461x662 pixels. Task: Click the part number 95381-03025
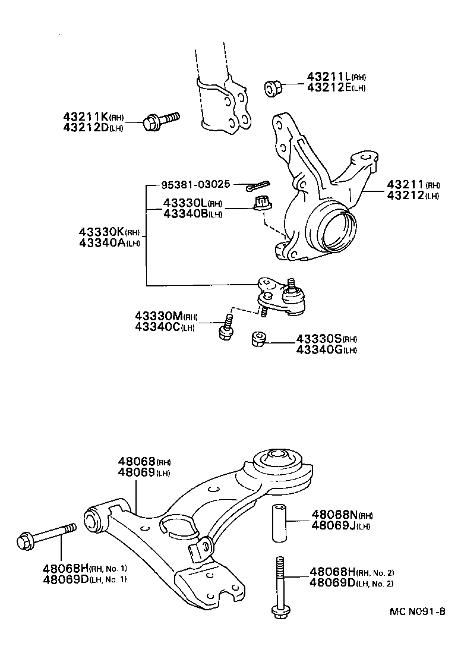[x=195, y=185]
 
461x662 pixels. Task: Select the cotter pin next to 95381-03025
[x=258, y=186]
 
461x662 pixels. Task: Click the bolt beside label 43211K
[x=159, y=121]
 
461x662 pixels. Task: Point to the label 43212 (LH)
[x=413, y=196]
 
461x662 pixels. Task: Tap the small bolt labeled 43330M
[x=225, y=329]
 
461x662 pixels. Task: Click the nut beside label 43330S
[x=258, y=339]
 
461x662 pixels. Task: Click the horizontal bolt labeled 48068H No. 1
[x=46, y=535]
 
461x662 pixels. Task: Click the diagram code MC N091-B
[x=417, y=611]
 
